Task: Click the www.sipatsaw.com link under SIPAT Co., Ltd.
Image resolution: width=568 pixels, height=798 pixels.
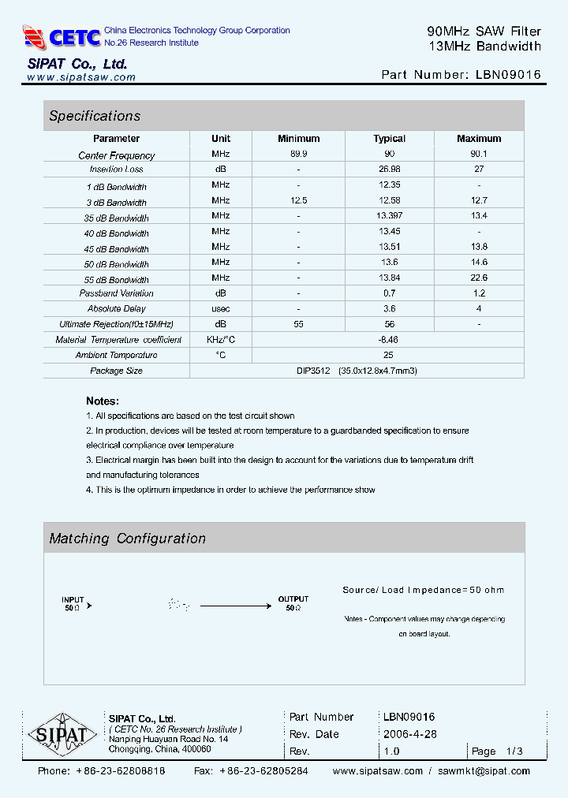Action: [x=81, y=78]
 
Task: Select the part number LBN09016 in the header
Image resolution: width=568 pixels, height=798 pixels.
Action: [x=508, y=75]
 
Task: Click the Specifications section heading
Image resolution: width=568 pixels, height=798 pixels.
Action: [x=95, y=116]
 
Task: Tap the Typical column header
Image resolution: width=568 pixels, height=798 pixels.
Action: [x=389, y=139]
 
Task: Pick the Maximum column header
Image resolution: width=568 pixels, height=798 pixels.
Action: [x=479, y=139]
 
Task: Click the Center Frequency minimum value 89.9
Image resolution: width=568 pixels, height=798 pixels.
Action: [x=299, y=155]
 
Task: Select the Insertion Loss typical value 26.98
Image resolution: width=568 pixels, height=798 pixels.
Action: [x=389, y=169]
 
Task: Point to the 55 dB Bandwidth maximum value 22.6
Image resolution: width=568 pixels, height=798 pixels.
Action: [x=479, y=278]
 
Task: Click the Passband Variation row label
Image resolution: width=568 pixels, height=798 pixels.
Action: [x=116, y=293]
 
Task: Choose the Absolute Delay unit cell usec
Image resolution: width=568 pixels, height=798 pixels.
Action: [x=221, y=308]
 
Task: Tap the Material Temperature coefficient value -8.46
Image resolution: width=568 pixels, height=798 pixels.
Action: [x=389, y=339]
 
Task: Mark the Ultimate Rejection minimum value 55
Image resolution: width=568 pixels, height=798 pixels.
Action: [x=299, y=324]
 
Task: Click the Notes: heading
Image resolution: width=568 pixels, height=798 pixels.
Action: [x=103, y=401]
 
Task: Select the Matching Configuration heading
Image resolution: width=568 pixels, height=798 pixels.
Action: [x=127, y=539]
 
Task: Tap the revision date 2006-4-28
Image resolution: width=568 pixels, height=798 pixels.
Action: [x=410, y=734]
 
